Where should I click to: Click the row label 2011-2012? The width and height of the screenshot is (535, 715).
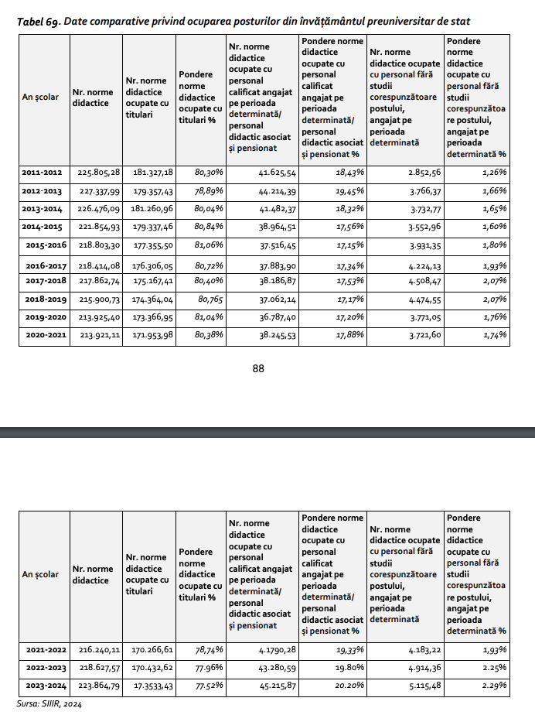pos(43,173)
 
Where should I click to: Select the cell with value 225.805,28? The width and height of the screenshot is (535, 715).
pos(96,173)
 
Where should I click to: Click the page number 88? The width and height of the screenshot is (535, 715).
pos(259,369)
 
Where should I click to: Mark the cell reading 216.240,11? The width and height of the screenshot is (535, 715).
pos(96,651)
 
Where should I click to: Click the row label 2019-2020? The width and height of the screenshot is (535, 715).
pos(43,317)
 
